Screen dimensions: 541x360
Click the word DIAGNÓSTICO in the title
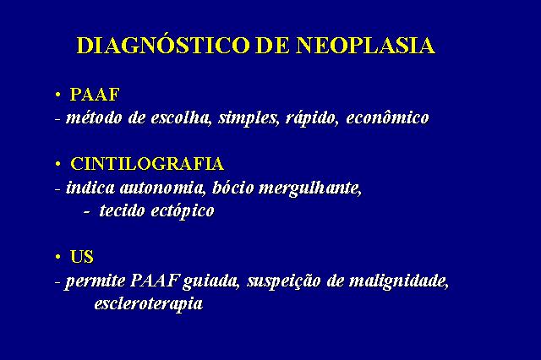point(163,45)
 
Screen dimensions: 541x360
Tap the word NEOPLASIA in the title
point(366,45)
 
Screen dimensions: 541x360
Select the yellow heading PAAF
point(95,95)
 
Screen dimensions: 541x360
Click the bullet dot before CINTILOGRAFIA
point(58,164)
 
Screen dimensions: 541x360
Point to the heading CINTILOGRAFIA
point(147,164)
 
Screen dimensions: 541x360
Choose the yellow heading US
point(82,257)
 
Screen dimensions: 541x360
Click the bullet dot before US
point(58,257)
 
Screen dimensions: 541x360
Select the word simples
point(248,118)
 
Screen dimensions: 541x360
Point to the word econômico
point(387,118)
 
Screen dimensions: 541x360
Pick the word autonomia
point(162,188)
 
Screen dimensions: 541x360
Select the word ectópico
point(183,211)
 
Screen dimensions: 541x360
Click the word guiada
point(210,281)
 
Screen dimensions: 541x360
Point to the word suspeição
point(284,281)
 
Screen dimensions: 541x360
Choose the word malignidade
point(398,281)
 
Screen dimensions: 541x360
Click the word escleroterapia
point(149,304)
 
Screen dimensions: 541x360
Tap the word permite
point(96,281)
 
